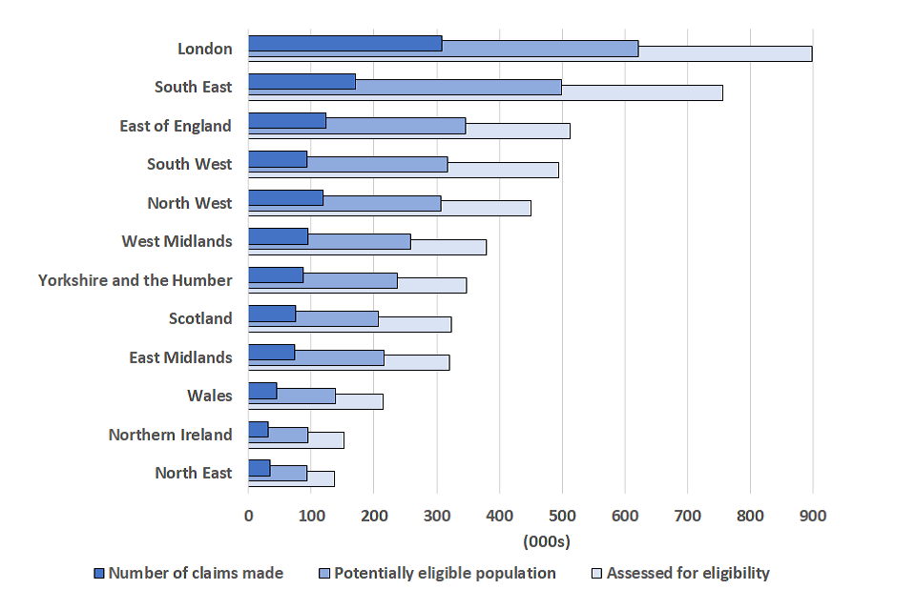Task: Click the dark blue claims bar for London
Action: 344,43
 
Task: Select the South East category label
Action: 194,87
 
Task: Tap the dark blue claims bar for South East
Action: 302,82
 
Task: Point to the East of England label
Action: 176,126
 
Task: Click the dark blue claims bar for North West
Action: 285,197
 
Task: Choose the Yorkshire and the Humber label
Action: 135,280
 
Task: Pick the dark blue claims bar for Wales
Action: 262,390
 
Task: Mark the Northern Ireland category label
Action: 170,435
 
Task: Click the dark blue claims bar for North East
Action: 260,467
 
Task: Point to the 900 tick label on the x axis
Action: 813,516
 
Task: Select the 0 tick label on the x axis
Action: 248,516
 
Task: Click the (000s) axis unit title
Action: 546,541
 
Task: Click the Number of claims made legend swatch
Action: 98,574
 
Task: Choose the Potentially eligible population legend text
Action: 445,573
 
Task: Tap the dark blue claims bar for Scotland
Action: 272,314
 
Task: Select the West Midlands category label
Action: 177,241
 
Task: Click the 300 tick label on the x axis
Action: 436,516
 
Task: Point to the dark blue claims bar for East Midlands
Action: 272,352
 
